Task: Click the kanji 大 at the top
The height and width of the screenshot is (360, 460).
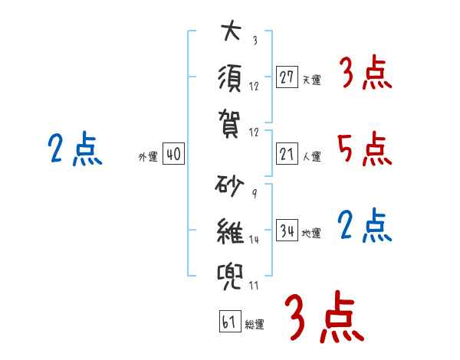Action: point(231,33)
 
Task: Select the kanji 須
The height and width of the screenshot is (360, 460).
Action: point(231,77)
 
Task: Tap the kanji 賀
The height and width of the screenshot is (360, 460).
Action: point(231,120)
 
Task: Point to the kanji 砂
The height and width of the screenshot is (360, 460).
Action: point(230,186)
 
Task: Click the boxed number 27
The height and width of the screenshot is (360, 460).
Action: point(287,77)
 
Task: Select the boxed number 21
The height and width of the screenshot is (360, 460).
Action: point(287,154)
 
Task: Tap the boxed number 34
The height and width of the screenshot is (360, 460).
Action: point(287,231)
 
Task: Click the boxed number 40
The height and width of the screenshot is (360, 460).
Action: point(173,154)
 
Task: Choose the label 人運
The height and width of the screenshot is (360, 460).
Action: point(311,157)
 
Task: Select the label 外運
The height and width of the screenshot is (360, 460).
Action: point(148,157)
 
